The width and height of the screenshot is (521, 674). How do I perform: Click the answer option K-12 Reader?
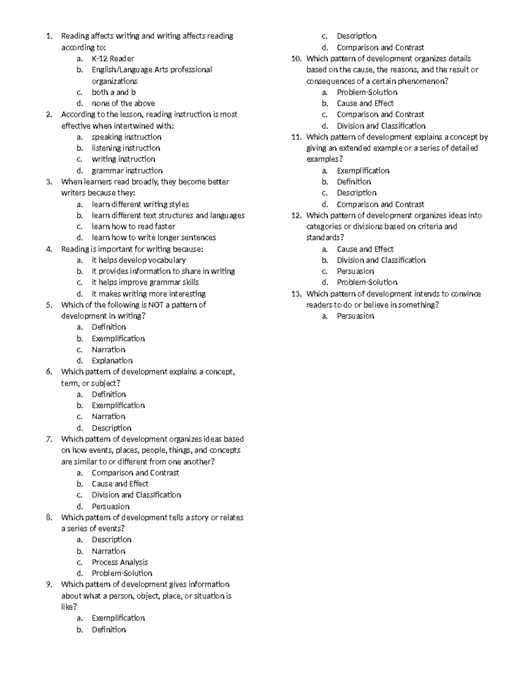click(113, 59)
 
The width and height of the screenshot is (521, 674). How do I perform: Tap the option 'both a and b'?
click(114, 92)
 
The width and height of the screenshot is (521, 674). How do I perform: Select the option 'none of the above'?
click(123, 103)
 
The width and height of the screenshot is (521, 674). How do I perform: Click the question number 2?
click(49, 115)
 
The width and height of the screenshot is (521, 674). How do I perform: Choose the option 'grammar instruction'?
click(127, 171)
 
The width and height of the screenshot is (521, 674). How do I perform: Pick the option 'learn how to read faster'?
click(133, 227)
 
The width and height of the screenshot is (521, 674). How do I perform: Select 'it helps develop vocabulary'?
click(138, 260)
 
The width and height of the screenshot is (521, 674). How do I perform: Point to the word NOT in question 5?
click(155, 305)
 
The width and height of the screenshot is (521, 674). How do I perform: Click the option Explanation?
click(112, 361)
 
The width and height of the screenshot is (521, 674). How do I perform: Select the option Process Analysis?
click(120, 562)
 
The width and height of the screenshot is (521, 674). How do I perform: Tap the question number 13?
click(296, 294)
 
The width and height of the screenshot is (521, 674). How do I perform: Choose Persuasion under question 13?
click(355, 316)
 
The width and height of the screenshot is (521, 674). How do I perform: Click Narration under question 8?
click(109, 551)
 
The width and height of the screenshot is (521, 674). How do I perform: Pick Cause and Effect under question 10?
click(365, 103)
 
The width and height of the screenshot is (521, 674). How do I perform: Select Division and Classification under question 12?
click(381, 260)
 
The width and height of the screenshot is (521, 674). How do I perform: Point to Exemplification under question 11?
click(363, 171)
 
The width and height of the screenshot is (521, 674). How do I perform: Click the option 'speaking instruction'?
click(126, 137)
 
